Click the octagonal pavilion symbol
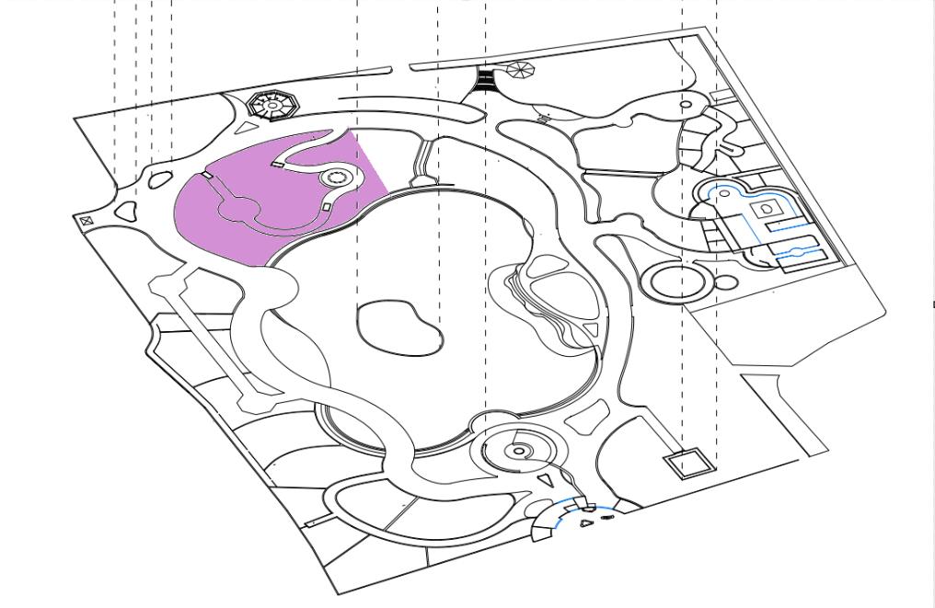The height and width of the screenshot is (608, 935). (272, 105)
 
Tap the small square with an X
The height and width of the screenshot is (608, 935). (87, 221)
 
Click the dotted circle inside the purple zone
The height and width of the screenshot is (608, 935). (333, 178)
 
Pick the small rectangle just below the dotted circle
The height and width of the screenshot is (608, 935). (328, 208)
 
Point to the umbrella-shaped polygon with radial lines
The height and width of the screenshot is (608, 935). (520, 70)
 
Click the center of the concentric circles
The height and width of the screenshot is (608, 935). (519, 451)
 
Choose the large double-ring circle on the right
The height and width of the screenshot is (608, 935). (677, 281)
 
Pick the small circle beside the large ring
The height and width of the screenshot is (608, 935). (726, 283)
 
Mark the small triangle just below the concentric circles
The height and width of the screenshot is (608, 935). (547, 479)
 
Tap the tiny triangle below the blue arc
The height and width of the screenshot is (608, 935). (586, 523)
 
